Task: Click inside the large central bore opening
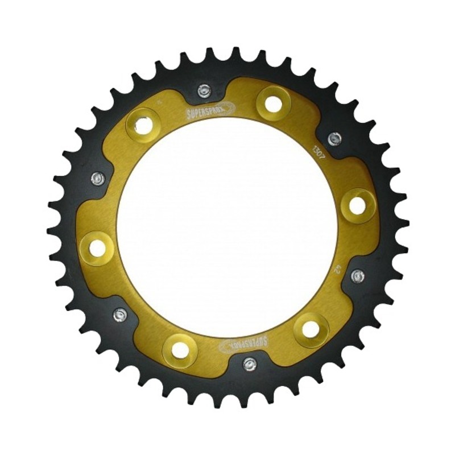click(x=227, y=227)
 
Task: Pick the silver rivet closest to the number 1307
click(x=335, y=138)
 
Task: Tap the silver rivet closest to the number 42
click(x=358, y=276)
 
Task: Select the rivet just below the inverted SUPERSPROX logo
click(x=249, y=363)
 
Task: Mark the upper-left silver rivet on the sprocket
click(x=98, y=179)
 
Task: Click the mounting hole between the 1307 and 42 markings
click(x=357, y=205)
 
